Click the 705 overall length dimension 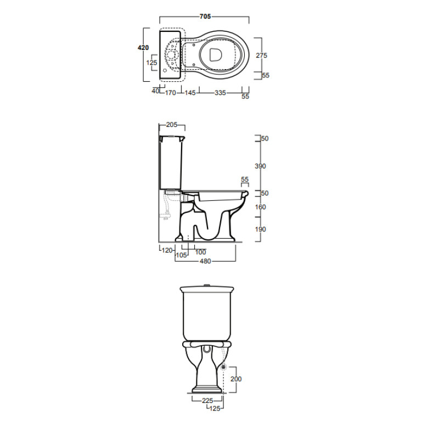tap(205, 16)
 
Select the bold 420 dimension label tap(143, 48)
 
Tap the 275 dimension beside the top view tap(261, 55)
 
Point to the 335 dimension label tap(220, 93)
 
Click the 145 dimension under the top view tap(190, 93)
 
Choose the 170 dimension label tap(170, 93)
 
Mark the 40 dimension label tap(155, 91)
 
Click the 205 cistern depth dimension tap(172, 125)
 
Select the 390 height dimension tap(260, 166)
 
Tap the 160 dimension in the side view tap(260, 207)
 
